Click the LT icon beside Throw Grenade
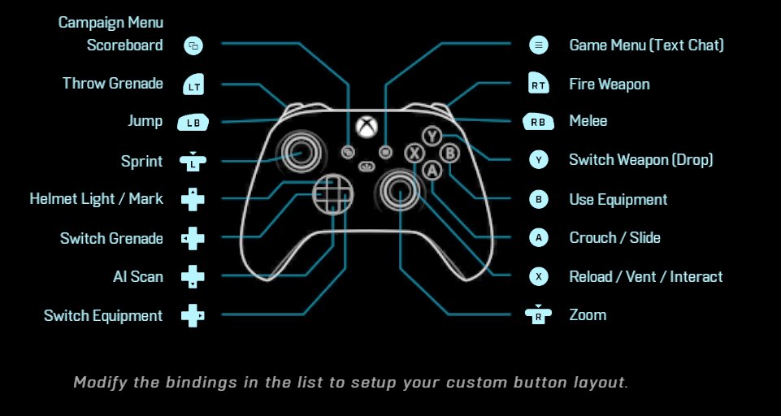tap(193, 84)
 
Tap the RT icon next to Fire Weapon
tap(538, 84)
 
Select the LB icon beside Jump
tap(193, 123)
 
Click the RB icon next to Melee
tap(538, 122)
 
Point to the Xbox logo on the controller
tap(367, 127)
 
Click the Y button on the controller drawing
tap(432, 136)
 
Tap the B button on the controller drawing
tap(449, 153)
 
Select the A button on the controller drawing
tap(432, 169)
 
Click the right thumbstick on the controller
tap(399, 190)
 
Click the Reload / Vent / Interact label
tap(645, 277)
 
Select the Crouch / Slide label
tap(614, 238)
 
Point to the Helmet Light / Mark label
tap(96, 199)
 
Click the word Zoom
tap(588, 315)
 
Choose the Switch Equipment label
tap(103, 316)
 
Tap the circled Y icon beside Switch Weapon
tap(538, 161)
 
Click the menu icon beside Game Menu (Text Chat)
tap(538, 45)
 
